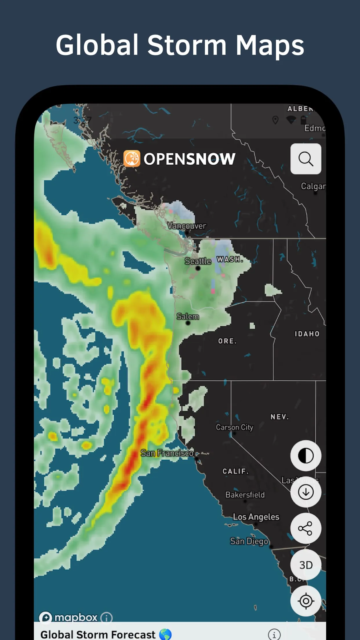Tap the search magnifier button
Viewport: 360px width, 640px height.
pos(306,159)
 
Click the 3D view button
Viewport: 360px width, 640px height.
pos(306,565)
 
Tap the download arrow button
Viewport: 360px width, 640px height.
pos(306,492)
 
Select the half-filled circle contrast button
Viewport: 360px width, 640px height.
pos(306,456)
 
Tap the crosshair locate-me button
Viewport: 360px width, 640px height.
pos(306,601)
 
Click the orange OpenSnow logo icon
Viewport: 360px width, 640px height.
pos(132,159)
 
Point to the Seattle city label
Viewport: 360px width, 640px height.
pos(198,261)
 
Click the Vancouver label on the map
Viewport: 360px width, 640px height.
pos(187,226)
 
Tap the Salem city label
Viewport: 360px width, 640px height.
pos(188,317)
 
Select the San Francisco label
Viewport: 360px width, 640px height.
pos(167,453)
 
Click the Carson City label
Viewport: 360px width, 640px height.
pos(234,427)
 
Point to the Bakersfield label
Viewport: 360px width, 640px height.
pos(245,495)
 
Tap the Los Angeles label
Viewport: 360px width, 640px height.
pos(256,517)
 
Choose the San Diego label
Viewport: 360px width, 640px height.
pos(249,541)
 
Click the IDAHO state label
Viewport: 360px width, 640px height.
pos(307,334)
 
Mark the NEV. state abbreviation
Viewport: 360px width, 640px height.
pos(279,417)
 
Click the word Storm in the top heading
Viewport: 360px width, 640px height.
pos(187,45)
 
